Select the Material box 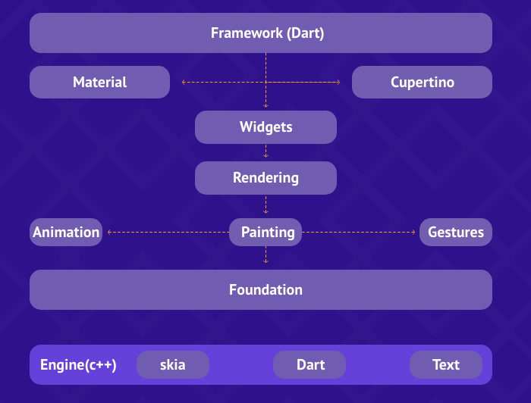[x=99, y=82]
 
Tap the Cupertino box [x=422, y=82]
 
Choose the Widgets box [x=265, y=127]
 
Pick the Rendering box [x=265, y=178]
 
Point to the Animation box [x=66, y=232]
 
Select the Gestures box [x=456, y=232]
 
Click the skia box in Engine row [x=173, y=364]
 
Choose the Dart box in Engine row [x=309, y=364]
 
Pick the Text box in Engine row [x=446, y=364]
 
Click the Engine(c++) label [x=78, y=365]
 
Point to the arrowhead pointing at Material [x=184, y=82]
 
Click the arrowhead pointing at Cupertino [x=338, y=82]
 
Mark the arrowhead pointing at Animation [x=110, y=232]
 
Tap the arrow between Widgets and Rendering [x=265, y=152]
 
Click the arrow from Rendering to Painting [x=265, y=205]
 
